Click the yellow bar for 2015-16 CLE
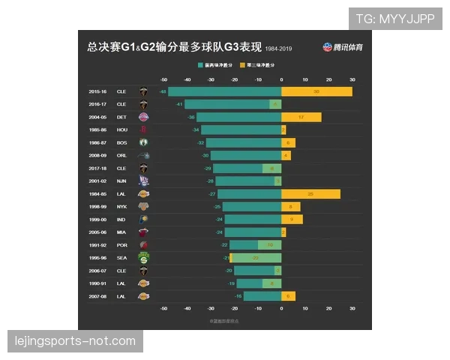point(316,91)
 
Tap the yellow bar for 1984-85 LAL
point(310,193)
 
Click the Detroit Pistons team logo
point(144,117)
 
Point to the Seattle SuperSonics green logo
point(144,258)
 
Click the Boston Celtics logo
point(144,142)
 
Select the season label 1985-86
point(98,130)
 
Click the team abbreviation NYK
point(121,206)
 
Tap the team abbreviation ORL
point(121,155)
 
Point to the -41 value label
point(179,104)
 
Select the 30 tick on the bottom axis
point(352,308)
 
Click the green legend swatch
point(200,66)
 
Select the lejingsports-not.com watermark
point(75,341)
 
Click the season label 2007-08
point(98,296)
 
